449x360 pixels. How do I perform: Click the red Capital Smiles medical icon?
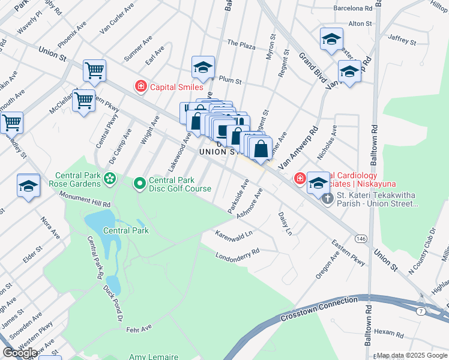[x=141, y=87]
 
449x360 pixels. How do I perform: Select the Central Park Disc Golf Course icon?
[x=139, y=182]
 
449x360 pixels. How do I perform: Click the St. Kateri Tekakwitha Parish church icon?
[x=327, y=198]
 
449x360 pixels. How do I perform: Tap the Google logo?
[x=20, y=353]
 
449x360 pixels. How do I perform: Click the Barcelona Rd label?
[x=353, y=8]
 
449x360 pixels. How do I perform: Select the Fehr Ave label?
[x=140, y=328]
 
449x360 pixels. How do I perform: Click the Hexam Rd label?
[x=387, y=332]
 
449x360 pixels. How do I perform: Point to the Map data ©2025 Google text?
[x=412, y=355]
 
